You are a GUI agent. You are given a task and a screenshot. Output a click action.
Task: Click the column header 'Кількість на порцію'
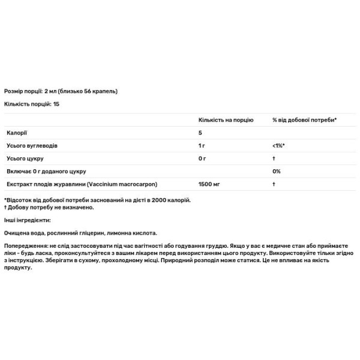tap(225, 120)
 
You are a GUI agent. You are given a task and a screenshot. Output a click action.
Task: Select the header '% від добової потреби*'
tap(304, 120)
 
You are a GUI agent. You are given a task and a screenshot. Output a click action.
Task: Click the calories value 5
tap(200, 133)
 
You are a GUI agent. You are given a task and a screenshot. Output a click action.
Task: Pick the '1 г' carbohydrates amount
tap(202, 146)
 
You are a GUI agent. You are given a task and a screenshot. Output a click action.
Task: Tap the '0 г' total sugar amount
tap(202, 158)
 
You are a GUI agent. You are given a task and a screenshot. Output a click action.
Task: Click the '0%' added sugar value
tap(277, 172)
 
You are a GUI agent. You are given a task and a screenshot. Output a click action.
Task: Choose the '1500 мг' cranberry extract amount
tap(209, 184)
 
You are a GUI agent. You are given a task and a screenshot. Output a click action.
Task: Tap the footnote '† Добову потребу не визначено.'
tap(49, 207)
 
